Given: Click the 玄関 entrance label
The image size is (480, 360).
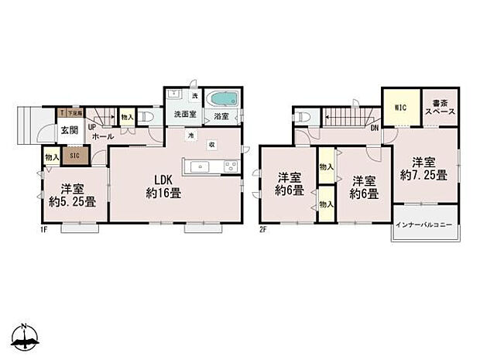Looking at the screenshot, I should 69,129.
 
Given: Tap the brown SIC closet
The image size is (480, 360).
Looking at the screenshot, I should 75,156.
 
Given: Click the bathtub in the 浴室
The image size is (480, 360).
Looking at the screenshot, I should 223,101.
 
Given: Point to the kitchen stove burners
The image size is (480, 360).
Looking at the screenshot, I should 230,166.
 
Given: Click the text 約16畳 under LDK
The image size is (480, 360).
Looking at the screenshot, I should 163,194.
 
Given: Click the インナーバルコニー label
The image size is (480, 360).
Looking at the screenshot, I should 424,225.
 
